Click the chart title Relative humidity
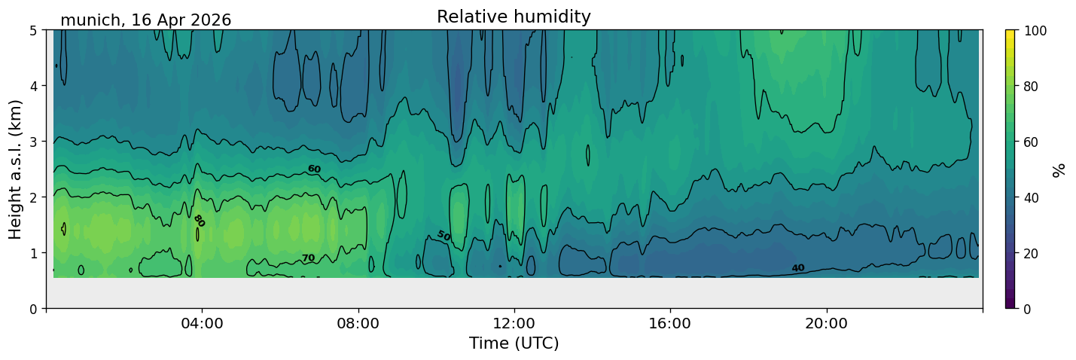click(514, 17)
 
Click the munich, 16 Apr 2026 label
click(145, 20)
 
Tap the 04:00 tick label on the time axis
click(202, 323)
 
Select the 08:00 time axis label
click(358, 323)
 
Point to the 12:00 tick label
click(514, 323)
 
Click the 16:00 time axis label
click(670, 323)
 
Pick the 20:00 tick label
click(826, 323)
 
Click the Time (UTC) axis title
click(514, 343)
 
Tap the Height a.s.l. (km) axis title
click(15, 169)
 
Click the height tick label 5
click(34, 31)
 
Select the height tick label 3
click(34, 142)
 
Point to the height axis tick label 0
click(34, 309)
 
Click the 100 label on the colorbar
click(1035, 31)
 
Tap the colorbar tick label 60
click(1031, 142)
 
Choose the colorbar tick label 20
click(1031, 254)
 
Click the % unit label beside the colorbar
click(1058, 170)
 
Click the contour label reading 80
click(200, 221)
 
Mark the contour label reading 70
click(308, 258)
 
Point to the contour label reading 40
click(798, 267)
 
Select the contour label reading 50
click(444, 236)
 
